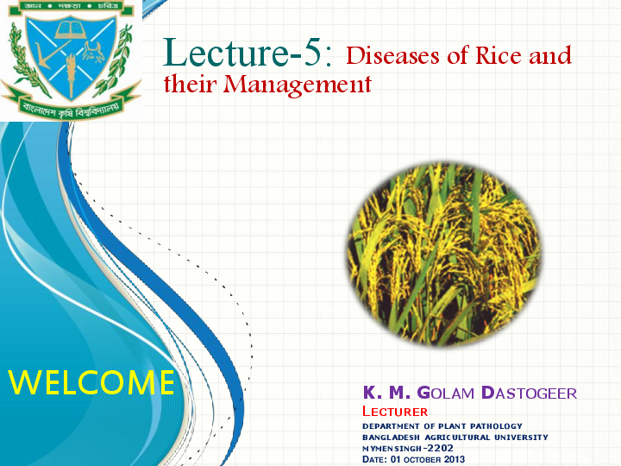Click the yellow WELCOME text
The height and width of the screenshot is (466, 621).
click(x=91, y=381)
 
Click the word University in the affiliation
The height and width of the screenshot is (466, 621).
click(x=520, y=438)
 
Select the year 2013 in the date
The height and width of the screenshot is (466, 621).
click(x=454, y=459)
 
